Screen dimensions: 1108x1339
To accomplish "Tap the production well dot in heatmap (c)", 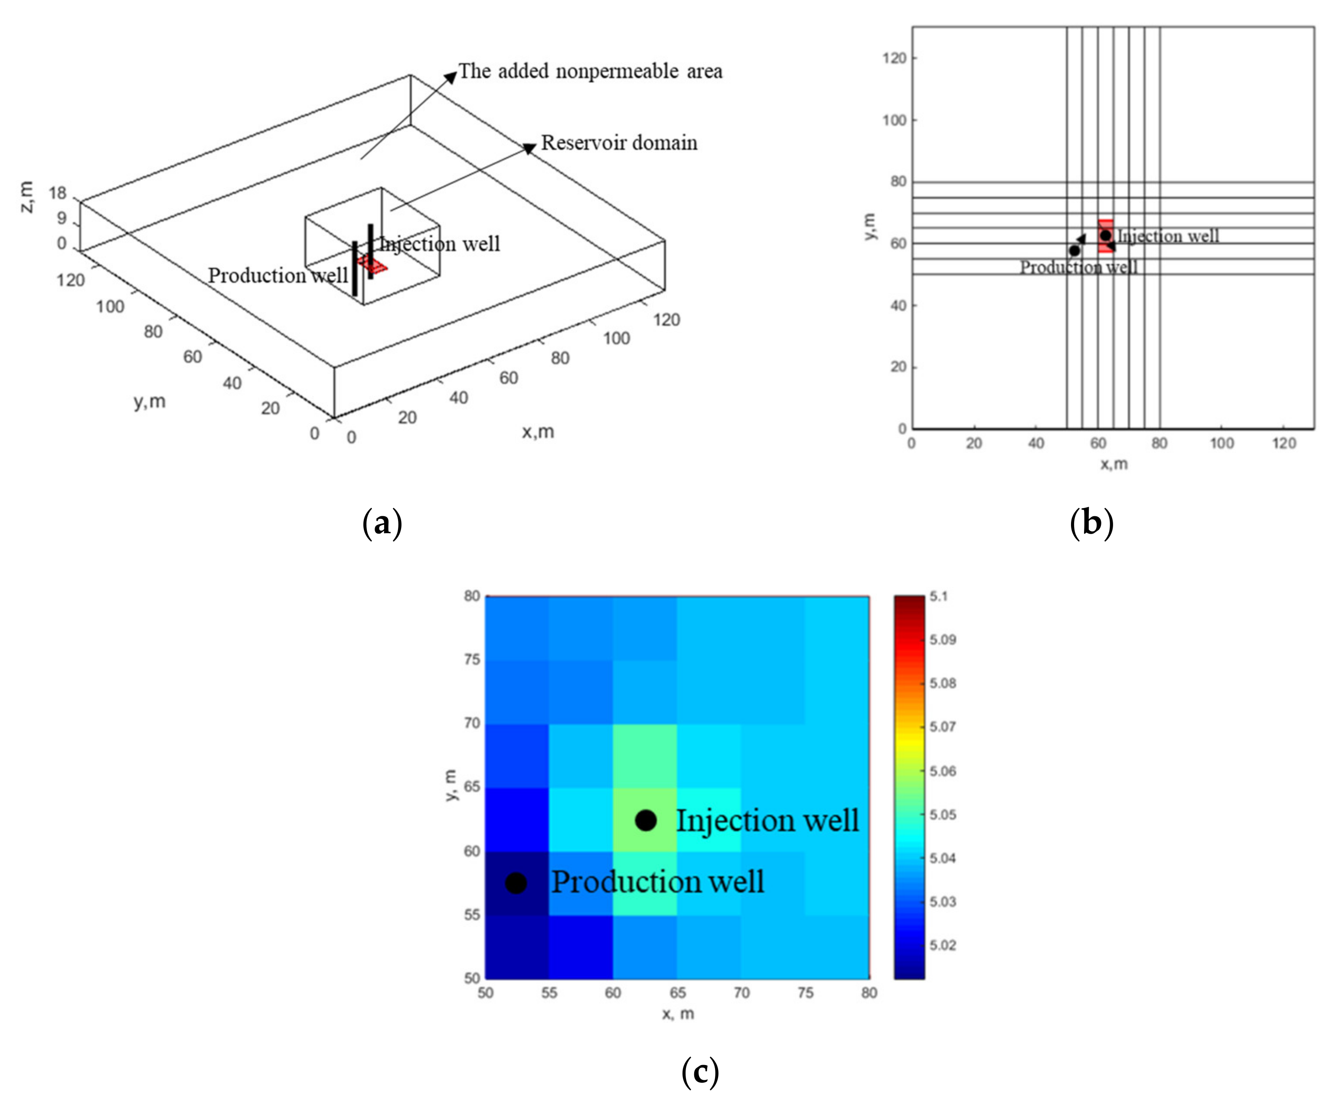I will [516, 883].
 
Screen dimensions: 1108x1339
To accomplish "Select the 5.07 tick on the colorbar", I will [942, 727].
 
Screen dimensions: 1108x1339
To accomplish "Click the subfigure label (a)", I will [382, 523].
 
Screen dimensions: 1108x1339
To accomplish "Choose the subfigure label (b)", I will [1091, 523].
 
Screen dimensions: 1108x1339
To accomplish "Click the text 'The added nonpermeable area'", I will [591, 72].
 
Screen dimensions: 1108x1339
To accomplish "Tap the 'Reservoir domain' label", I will [619, 143].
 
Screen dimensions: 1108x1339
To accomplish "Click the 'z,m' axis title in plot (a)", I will [27, 196].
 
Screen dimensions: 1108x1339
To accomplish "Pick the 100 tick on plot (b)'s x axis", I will [1221, 443].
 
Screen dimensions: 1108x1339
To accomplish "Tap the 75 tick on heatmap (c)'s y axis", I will [472, 659].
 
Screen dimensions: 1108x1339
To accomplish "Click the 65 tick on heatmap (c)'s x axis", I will [677, 993].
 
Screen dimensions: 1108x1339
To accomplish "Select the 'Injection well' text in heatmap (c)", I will [767, 821].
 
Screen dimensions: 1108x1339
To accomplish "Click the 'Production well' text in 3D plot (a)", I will [278, 275].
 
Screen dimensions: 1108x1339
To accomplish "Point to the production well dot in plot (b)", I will [1074, 251].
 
